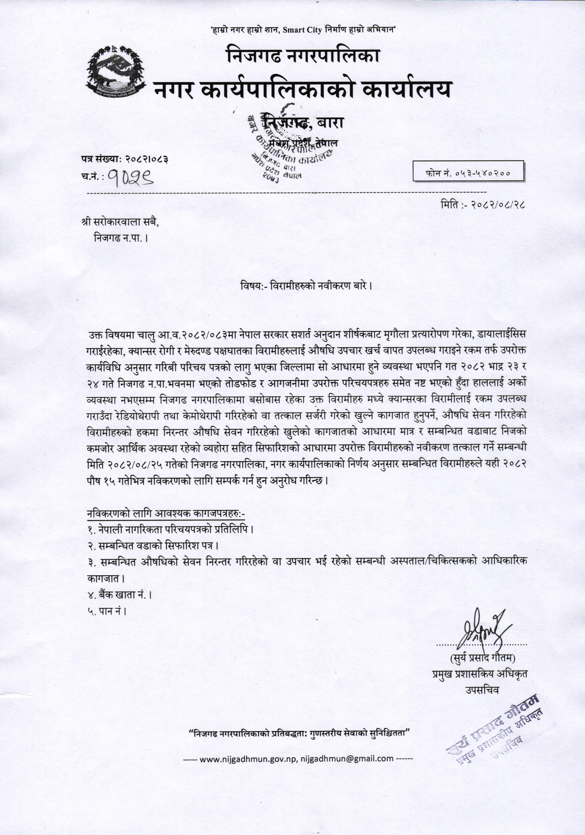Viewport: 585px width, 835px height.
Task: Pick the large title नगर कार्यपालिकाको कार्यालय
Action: pos(303,90)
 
